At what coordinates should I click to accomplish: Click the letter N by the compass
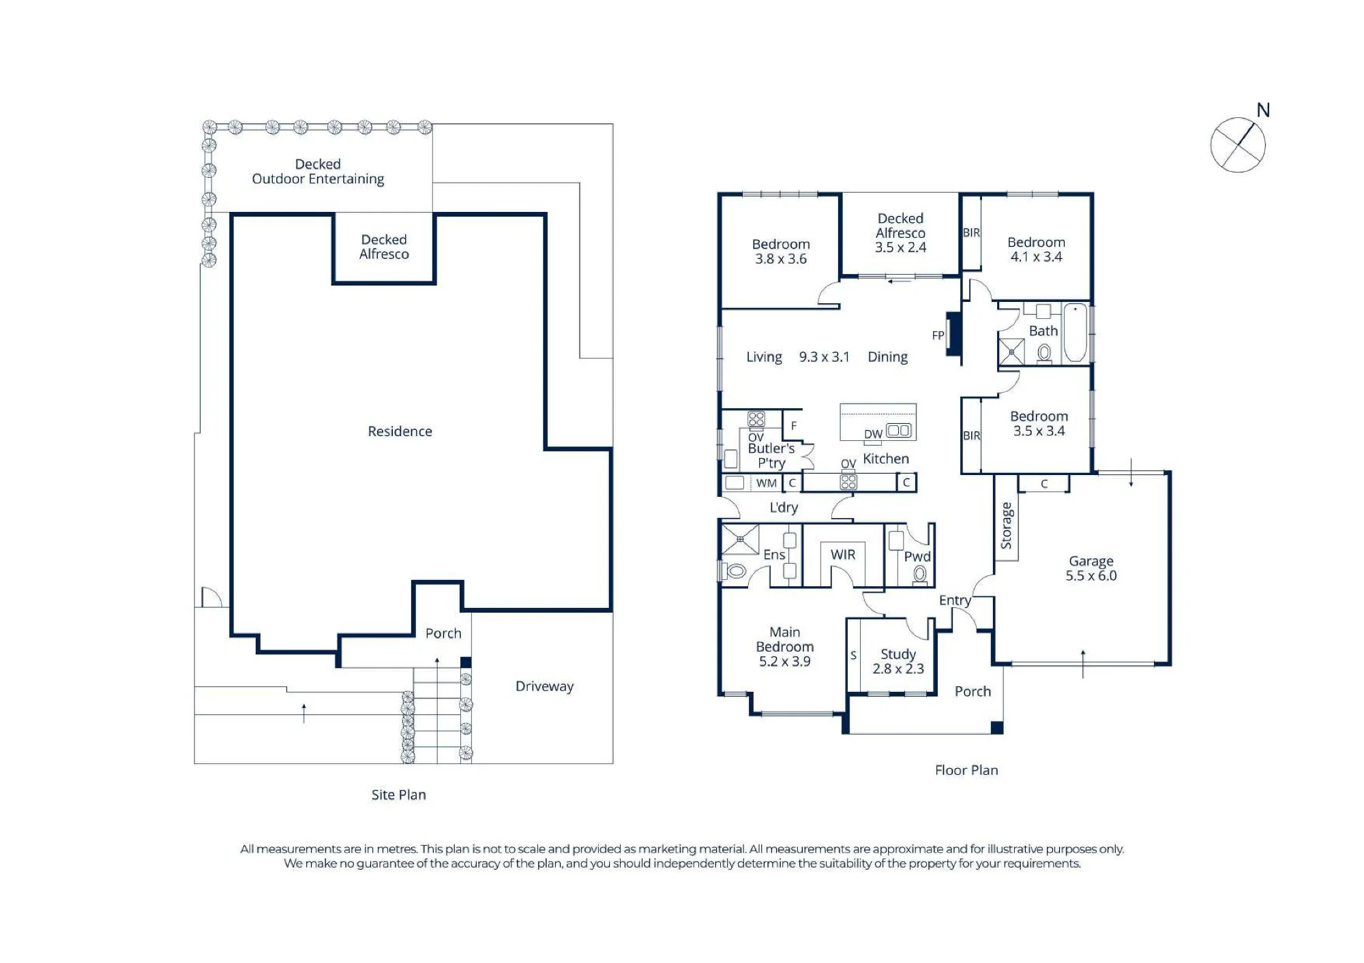tap(1263, 110)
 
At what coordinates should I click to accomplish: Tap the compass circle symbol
tap(1238, 144)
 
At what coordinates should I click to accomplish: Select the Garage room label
tap(1091, 561)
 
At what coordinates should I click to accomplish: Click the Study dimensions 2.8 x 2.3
tap(898, 669)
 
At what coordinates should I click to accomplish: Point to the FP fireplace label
tap(938, 335)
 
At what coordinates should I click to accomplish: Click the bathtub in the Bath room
tap(1075, 333)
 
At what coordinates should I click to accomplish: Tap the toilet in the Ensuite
tap(734, 570)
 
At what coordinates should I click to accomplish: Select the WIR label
tap(843, 555)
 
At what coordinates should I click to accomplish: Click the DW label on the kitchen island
tap(873, 434)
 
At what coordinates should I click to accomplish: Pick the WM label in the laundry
tap(767, 483)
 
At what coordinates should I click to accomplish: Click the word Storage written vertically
tap(1006, 525)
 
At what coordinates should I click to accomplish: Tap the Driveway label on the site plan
tap(544, 686)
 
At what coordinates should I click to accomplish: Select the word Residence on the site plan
tap(400, 431)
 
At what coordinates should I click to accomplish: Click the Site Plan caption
tap(398, 795)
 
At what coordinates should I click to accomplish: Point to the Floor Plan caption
tap(966, 770)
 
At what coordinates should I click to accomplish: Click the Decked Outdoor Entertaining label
tap(318, 172)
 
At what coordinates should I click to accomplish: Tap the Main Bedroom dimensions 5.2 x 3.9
tap(785, 661)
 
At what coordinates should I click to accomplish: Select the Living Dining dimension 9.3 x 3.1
tap(825, 357)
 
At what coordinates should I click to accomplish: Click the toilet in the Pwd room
tap(920, 575)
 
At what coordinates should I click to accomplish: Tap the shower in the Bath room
tap(1011, 352)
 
